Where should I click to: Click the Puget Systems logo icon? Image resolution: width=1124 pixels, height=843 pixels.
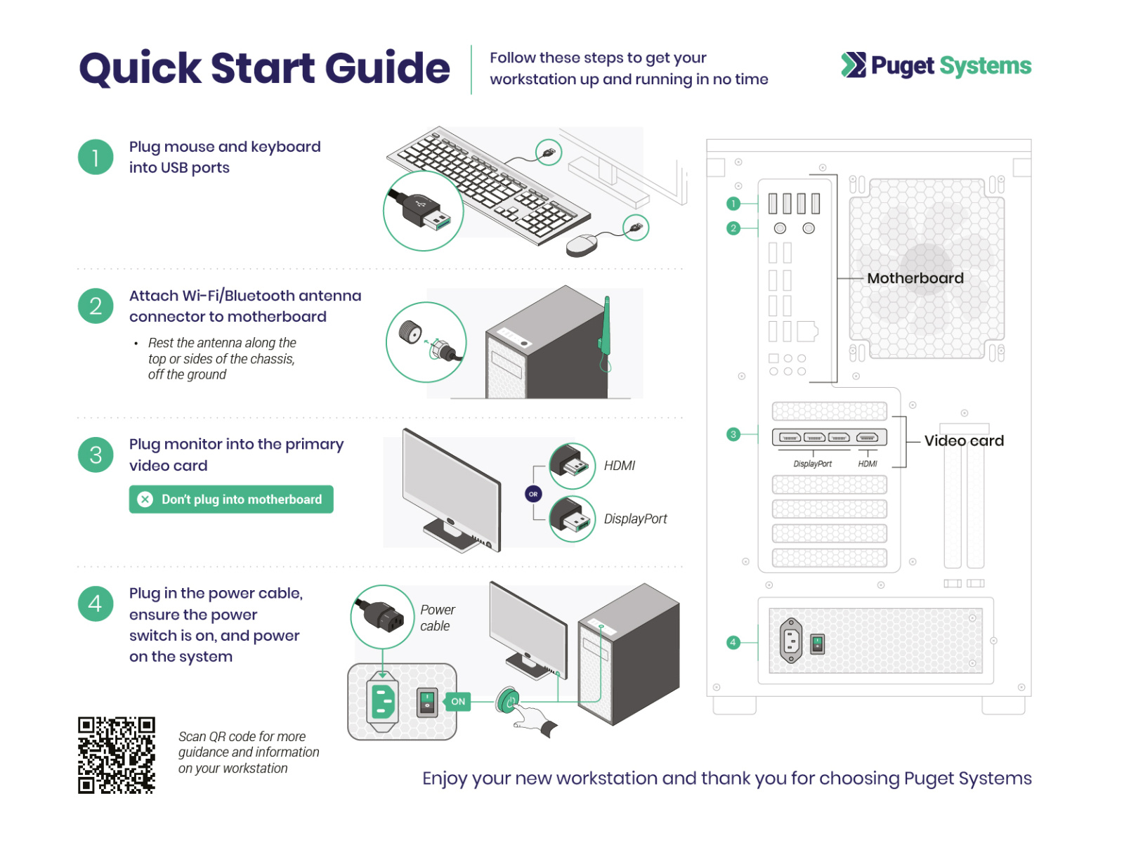click(x=853, y=65)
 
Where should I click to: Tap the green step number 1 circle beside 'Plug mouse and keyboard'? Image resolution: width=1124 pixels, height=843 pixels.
click(x=96, y=157)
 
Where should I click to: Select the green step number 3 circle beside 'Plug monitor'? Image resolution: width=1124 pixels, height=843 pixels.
click(x=96, y=455)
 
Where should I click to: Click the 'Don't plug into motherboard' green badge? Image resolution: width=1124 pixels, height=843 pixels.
click(x=231, y=499)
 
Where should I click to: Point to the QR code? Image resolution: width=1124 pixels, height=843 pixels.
click(x=116, y=755)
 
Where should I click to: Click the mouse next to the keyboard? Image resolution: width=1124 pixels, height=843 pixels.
click(x=582, y=245)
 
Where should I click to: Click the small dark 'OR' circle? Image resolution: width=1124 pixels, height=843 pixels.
click(x=533, y=494)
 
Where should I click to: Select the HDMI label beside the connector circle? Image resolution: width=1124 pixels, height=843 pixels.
click(x=619, y=466)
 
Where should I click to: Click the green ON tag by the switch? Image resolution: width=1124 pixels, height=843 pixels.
click(x=458, y=701)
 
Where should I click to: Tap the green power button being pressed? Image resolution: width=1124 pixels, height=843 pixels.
click(x=508, y=700)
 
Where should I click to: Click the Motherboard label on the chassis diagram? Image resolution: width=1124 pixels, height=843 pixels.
click(x=915, y=278)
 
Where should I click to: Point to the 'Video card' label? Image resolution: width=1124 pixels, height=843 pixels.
click(x=964, y=440)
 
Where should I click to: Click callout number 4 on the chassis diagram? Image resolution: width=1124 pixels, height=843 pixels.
click(x=733, y=642)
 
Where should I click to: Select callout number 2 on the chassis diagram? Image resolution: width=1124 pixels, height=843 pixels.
click(x=733, y=228)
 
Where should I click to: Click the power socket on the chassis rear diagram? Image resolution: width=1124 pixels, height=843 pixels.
click(x=791, y=641)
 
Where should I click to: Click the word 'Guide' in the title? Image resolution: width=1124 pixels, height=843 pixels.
click(x=387, y=68)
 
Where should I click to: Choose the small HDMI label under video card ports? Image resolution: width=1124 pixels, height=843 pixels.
click(x=868, y=464)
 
